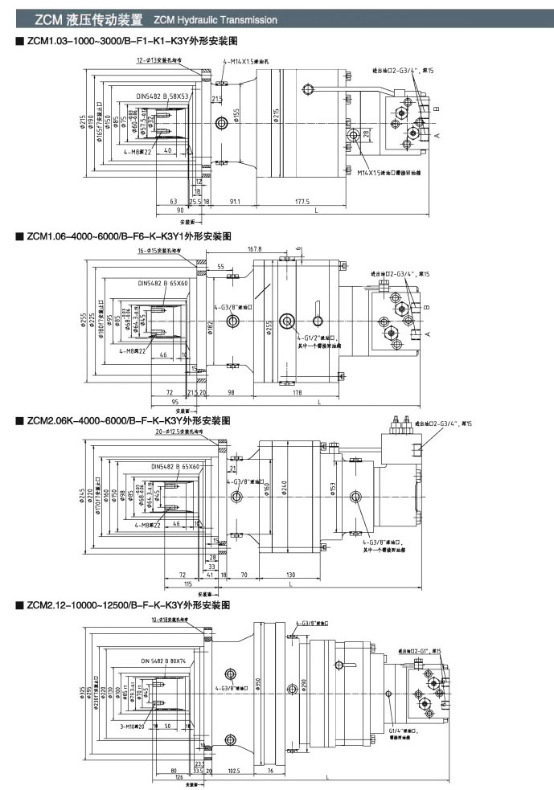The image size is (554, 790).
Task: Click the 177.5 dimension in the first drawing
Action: pyautogui.click(x=303, y=202)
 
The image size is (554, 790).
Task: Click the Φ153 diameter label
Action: pyautogui.click(x=333, y=489)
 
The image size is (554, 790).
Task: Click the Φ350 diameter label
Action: pyautogui.click(x=258, y=685)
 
